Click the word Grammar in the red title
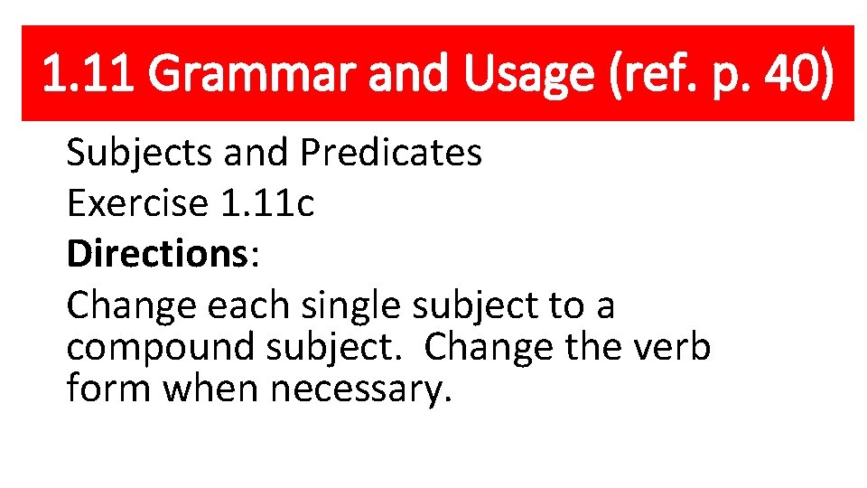(x=256, y=74)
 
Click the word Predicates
(x=390, y=154)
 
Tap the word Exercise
(x=137, y=204)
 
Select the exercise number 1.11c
(x=266, y=204)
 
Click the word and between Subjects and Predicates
(x=258, y=154)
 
